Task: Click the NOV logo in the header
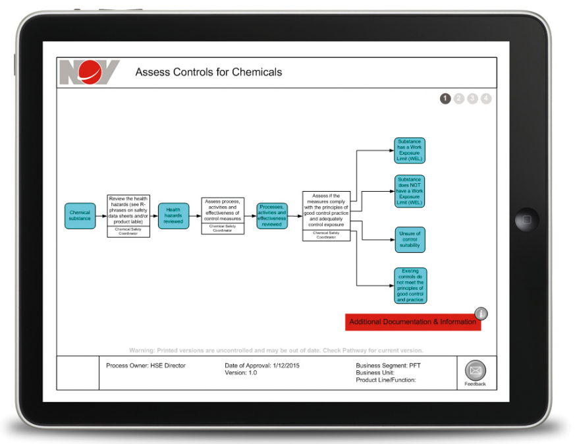click(x=89, y=72)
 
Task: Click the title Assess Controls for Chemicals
click(x=208, y=72)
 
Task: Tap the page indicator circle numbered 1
click(x=445, y=99)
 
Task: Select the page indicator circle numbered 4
click(x=486, y=99)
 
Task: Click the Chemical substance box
click(x=80, y=216)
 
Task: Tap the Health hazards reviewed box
click(x=173, y=216)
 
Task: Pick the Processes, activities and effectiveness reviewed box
click(x=272, y=216)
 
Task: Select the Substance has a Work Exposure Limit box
click(x=409, y=150)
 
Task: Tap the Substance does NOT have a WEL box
click(x=409, y=191)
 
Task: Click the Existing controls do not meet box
click(x=410, y=285)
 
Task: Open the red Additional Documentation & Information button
click(x=412, y=322)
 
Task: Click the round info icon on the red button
click(x=481, y=314)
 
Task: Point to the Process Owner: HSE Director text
click(x=146, y=366)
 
